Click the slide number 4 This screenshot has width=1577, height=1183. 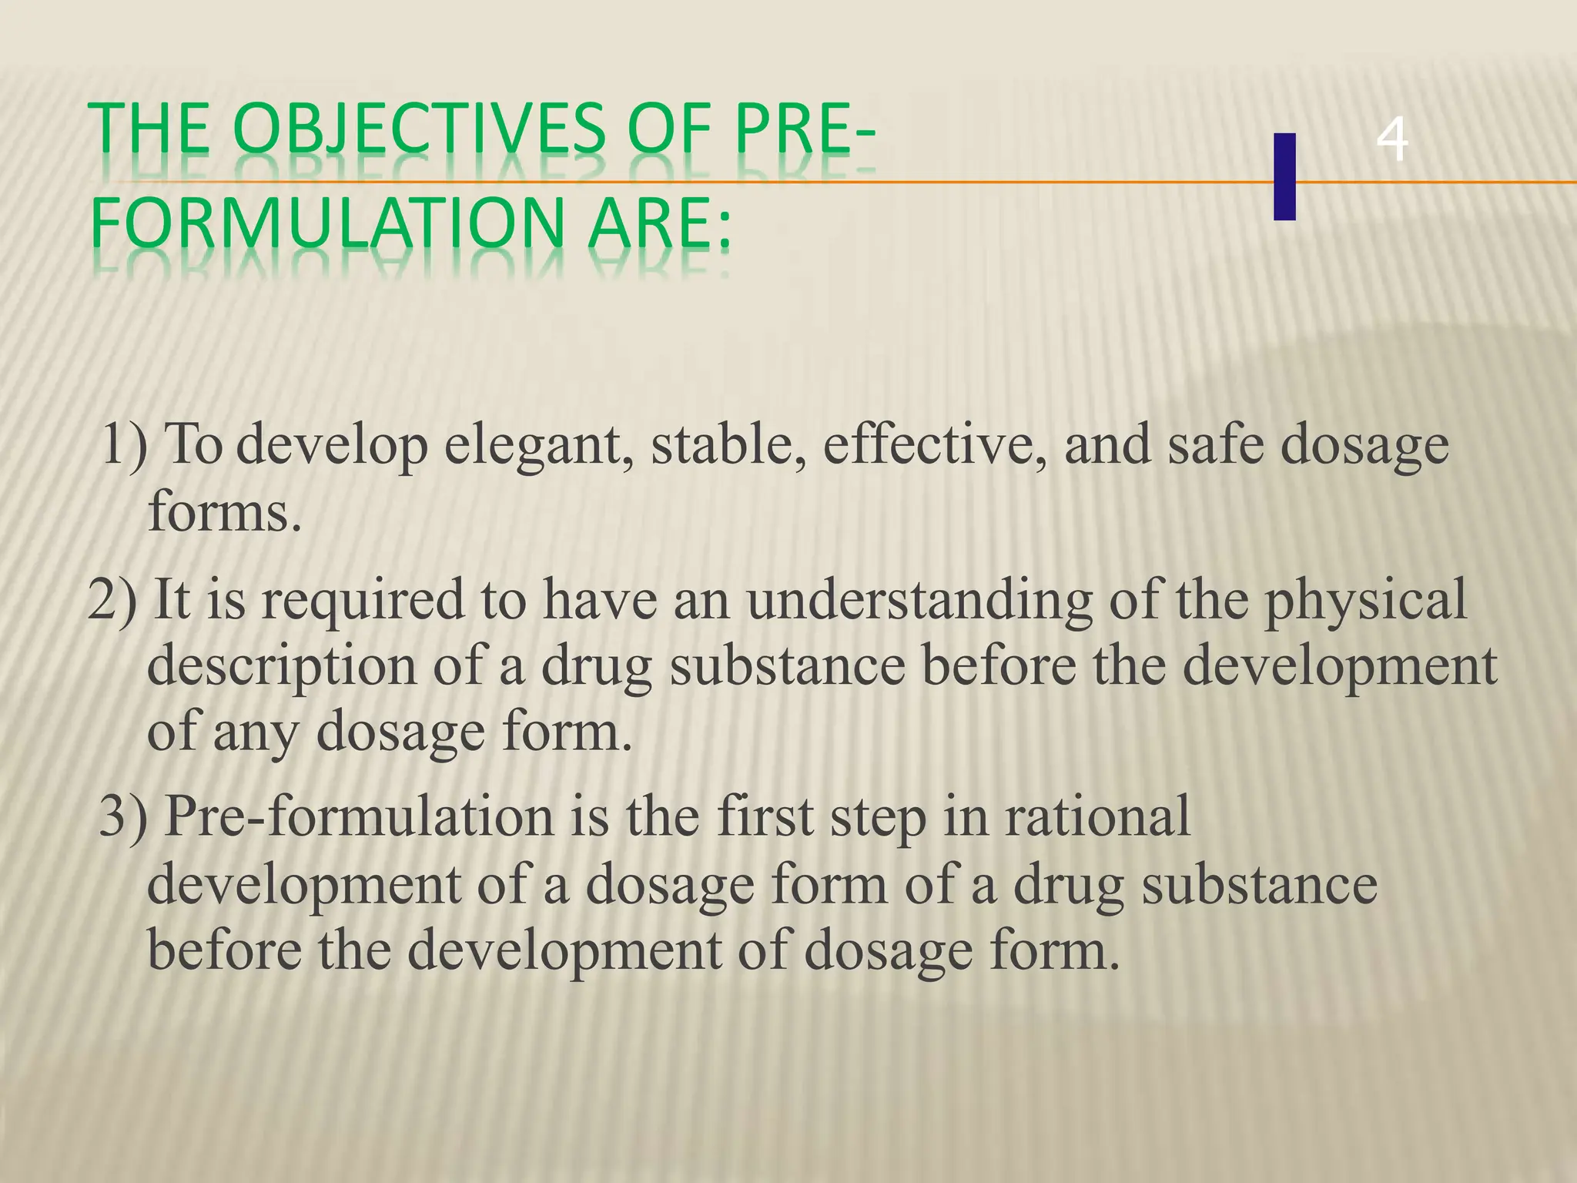pyautogui.click(x=1391, y=141)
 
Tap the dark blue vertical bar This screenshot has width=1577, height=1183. pyautogui.click(x=1284, y=176)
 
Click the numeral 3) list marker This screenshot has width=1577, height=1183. pyautogui.click(x=123, y=816)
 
